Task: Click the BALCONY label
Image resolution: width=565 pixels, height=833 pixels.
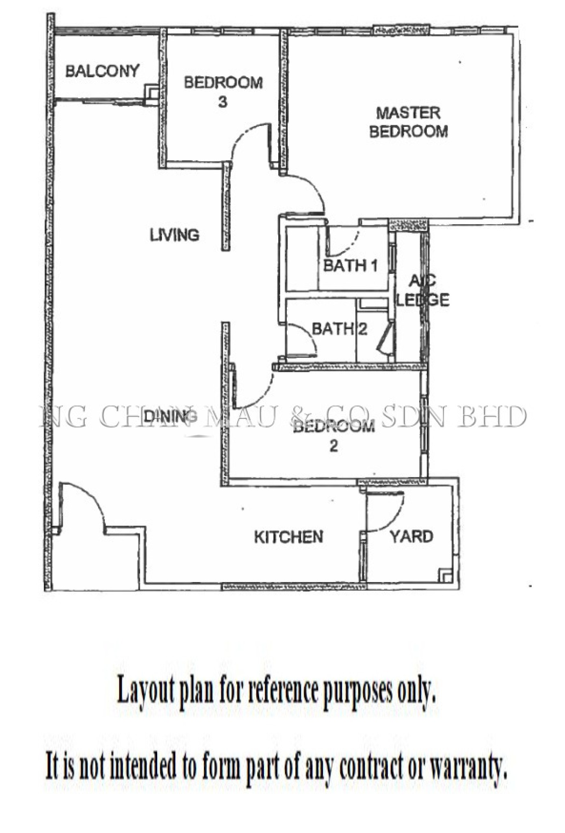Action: tap(102, 71)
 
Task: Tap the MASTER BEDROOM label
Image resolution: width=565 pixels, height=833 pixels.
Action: tap(408, 122)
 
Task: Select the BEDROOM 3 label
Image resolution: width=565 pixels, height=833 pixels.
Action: tap(223, 92)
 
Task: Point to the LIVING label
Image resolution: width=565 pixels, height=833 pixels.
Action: tap(175, 235)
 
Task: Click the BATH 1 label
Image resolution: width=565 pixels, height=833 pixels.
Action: tap(351, 266)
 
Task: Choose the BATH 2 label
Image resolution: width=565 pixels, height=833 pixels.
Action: tap(340, 329)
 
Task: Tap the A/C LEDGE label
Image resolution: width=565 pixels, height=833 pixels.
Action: tap(423, 290)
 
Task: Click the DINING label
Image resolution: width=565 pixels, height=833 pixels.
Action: tap(167, 416)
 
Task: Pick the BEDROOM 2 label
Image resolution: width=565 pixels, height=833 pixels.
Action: tap(334, 436)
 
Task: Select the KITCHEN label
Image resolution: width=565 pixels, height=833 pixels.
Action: tap(288, 537)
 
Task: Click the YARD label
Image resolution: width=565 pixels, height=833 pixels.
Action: tap(411, 536)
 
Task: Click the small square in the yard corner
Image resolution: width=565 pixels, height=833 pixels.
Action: tap(446, 575)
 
